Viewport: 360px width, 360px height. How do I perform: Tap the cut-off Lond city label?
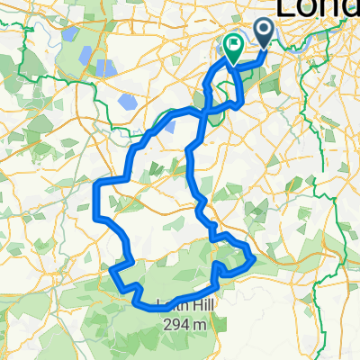tap(316, 9)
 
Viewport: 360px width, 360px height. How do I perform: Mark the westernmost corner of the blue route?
tap(95, 184)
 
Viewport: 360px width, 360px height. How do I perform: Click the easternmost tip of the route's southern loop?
tap(255, 259)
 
